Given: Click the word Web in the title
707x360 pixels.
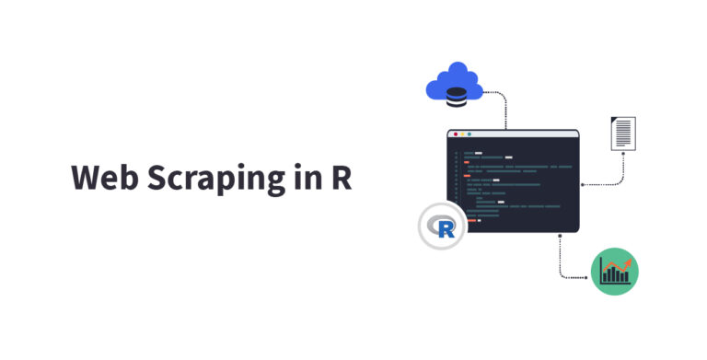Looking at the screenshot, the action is pos(103,179).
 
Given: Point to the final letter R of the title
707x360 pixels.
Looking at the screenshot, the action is pos(342,178).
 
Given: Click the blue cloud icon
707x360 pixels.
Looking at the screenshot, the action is pos(455,83).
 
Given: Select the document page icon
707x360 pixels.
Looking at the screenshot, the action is pos(623,133).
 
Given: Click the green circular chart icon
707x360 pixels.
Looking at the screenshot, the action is pos(614,272).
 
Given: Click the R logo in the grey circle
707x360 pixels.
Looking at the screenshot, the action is pos(443,226).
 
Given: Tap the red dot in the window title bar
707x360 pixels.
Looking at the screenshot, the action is pos(455,134).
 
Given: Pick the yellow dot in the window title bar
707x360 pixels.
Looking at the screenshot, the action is pos(462,134).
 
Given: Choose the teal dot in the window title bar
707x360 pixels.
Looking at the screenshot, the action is pos(469,134).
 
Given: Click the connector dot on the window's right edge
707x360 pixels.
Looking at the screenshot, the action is pos(582,184).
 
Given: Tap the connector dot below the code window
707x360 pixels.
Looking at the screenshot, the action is pos(559,236).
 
